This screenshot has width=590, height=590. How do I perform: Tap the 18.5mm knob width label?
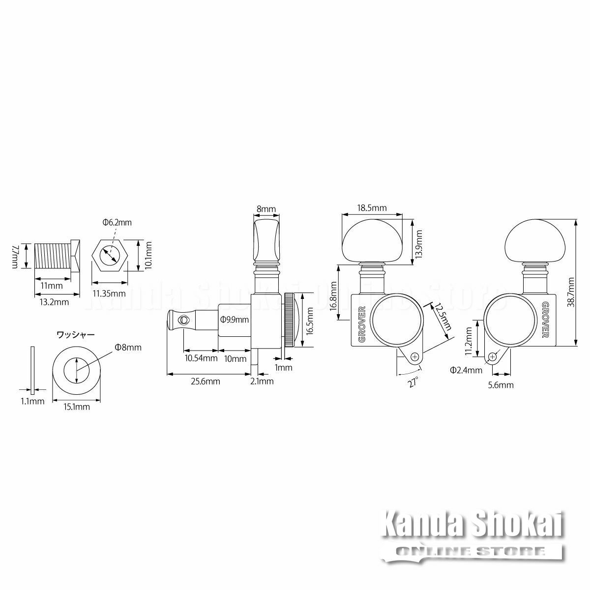point(372,208)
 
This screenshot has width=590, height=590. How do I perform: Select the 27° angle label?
point(413,383)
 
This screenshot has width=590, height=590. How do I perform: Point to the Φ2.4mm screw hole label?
point(466,370)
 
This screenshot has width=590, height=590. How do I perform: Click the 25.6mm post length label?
point(206,382)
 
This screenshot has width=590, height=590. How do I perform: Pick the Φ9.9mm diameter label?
point(235,320)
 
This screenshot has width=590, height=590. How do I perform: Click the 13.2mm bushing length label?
point(55,302)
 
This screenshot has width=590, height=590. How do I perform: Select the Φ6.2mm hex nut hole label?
point(117,222)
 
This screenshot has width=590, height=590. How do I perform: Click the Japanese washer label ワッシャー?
point(76,335)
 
